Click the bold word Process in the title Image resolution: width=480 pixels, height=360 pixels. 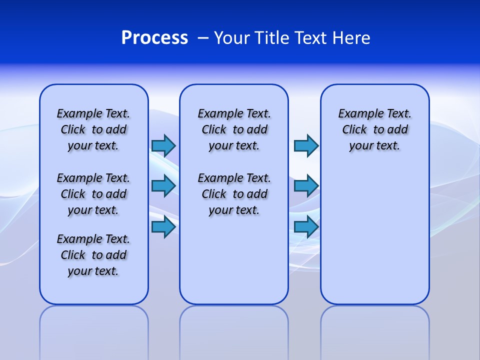pyautogui.click(x=154, y=38)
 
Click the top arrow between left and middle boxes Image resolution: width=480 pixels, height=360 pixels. pyautogui.click(x=163, y=145)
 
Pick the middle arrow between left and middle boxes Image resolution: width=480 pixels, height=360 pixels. pyautogui.click(x=163, y=186)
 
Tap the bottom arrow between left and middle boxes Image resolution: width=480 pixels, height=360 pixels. pyautogui.click(x=163, y=226)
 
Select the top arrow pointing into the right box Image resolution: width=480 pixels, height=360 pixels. pyautogui.click(x=306, y=145)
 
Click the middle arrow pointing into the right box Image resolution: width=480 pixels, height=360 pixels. pyautogui.click(x=306, y=186)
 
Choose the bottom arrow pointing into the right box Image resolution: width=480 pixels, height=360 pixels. pyautogui.click(x=306, y=226)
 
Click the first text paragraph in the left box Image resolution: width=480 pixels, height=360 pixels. pyautogui.click(x=93, y=129)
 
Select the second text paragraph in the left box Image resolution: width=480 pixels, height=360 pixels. pyautogui.click(x=93, y=194)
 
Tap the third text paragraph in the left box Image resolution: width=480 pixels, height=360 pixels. pyautogui.click(x=93, y=255)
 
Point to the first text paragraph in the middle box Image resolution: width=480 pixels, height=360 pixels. pyautogui.click(x=234, y=129)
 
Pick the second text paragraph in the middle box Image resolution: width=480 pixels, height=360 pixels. pyautogui.click(x=234, y=194)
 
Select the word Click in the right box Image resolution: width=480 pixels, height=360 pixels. pyautogui.click(x=354, y=129)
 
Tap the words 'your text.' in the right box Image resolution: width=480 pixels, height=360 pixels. pyautogui.click(x=374, y=145)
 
